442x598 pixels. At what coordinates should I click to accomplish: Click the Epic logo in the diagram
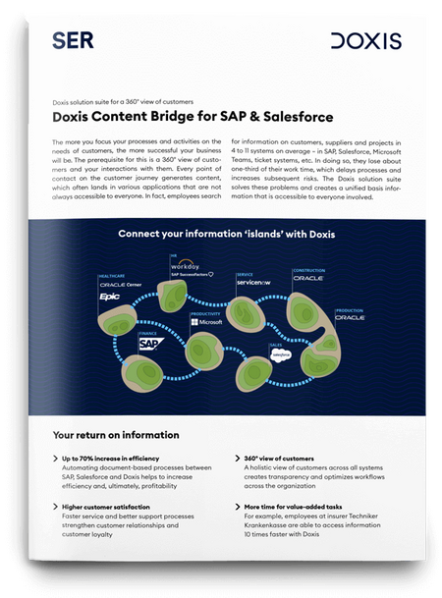[x=107, y=294]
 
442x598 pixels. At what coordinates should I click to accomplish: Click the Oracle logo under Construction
[x=310, y=277]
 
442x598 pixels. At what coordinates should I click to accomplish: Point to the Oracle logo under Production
[x=351, y=318]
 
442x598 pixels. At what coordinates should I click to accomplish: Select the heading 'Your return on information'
[x=116, y=434]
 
